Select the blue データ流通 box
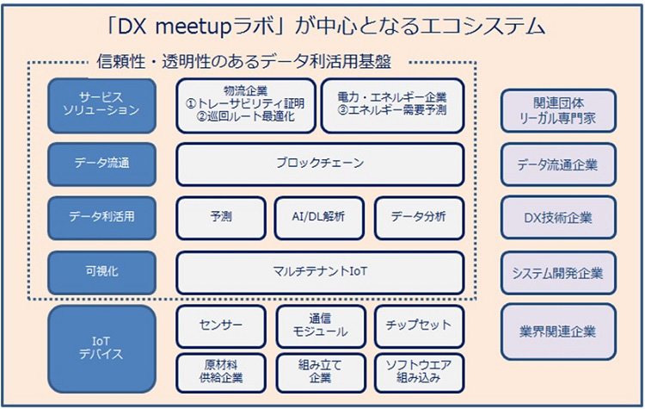[102, 162]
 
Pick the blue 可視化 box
[102, 271]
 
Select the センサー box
[220, 325]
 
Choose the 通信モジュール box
[319, 325]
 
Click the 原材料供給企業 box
[220, 371]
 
